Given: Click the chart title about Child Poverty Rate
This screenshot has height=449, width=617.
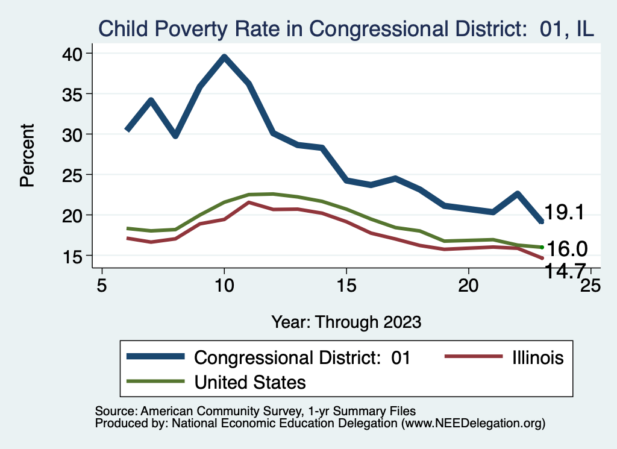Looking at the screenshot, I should pyautogui.click(x=346, y=28).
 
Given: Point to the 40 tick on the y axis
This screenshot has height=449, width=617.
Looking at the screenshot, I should pyautogui.click(x=75, y=54).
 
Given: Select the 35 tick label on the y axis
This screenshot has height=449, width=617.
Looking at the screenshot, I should pyautogui.click(x=75, y=94).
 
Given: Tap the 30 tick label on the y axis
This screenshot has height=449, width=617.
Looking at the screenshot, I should pyautogui.click(x=75, y=134).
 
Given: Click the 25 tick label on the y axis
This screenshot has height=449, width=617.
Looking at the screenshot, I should pyautogui.click(x=75, y=175).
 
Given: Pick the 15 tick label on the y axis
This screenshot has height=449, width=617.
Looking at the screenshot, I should pyautogui.click(x=75, y=256).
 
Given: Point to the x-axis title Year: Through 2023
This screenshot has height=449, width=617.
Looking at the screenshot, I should pyautogui.click(x=346, y=321).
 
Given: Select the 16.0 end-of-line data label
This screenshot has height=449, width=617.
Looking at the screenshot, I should pyautogui.click(x=566, y=248).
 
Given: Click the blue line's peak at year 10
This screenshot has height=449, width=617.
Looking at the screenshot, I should pyautogui.click(x=224, y=57).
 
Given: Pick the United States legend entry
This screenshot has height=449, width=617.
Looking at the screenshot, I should pyautogui.click(x=250, y=381).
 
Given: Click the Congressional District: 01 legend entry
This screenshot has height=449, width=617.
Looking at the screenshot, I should pyautogui.click(x=302, y=357).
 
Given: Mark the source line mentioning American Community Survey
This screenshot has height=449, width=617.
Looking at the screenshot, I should pyautogui.click(x=255, y=411).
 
